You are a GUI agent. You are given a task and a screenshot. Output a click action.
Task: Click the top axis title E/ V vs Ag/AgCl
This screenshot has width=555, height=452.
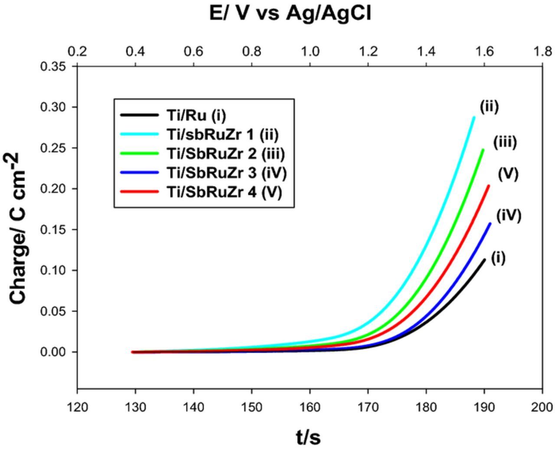(x=290, y=13)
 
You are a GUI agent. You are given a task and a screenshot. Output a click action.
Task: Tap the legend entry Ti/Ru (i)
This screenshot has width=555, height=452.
(x=196, y=115)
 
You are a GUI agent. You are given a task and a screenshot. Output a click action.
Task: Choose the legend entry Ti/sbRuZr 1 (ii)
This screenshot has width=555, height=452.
(x=222, y=134)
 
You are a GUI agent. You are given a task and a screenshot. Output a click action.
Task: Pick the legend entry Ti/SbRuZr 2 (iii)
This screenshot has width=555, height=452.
(x=225, y=154)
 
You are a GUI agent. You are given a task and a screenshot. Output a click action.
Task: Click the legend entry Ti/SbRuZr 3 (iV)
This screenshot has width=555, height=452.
(x=226, y=173)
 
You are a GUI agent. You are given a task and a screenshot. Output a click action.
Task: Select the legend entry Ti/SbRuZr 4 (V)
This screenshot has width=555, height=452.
(x=224, y=192)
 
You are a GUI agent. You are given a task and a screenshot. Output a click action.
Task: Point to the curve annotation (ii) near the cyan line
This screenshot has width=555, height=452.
(x=489, y=106)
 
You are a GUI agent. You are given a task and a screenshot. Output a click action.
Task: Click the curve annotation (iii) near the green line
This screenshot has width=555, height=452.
(x=505, y=142)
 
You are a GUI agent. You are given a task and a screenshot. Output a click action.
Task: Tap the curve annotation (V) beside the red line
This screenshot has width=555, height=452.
(x=508, y=174)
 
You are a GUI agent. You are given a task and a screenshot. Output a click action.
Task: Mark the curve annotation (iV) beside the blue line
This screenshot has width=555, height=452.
(x=508, y=215)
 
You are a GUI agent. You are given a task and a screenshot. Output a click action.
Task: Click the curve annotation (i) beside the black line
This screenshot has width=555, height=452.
(x=498, y=258)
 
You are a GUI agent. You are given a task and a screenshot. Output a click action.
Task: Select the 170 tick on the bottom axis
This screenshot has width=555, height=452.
(x=368, y=407)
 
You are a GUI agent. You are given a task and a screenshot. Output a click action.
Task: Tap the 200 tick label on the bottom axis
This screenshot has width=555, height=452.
(x=542, y=407)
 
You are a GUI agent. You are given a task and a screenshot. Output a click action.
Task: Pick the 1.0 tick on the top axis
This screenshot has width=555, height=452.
(x=310, y=52)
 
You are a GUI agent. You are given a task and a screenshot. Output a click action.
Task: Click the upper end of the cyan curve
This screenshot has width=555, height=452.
(x=473, y=118)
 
